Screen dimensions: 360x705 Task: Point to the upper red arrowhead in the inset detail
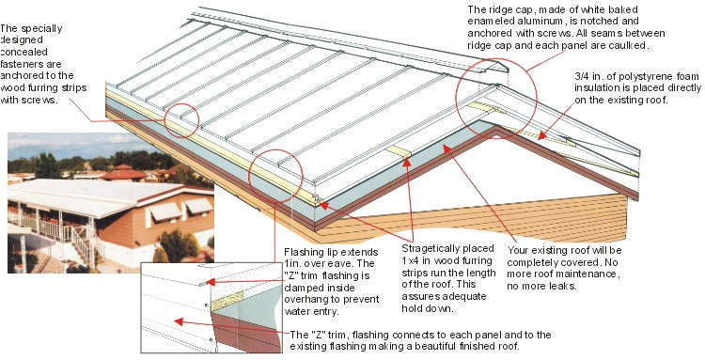[x=212, y=281]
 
